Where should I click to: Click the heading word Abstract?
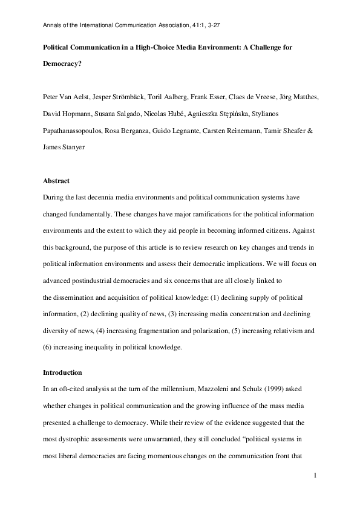(x=56, y=181)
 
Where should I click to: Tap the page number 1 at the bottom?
(x=316, y=477)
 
